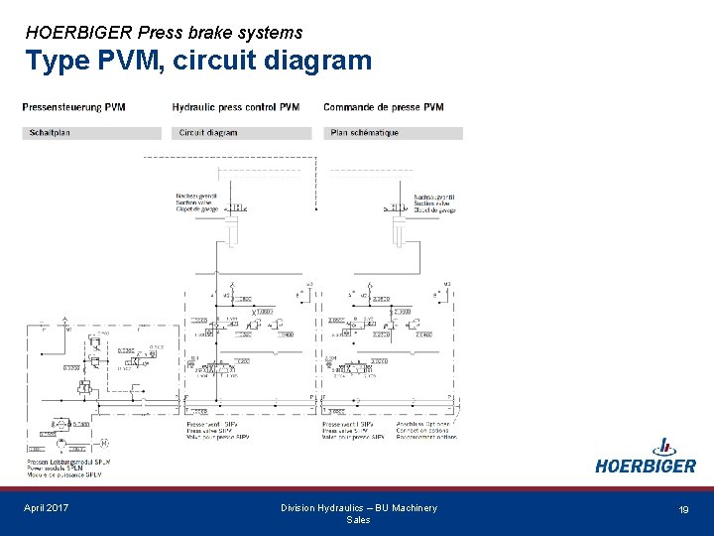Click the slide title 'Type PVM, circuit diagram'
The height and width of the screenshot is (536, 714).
(198, 62)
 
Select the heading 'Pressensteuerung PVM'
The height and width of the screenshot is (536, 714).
(75, 106)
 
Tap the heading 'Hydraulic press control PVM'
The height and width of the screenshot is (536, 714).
(236, 106)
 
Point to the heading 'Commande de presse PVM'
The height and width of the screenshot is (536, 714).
(384, 106)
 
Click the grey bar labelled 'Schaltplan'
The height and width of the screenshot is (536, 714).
(91, 133)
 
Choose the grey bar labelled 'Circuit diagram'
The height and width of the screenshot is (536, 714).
(243, 133)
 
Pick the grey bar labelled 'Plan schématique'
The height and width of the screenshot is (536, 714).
(393, 133)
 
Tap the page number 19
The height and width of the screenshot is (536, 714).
(683, 509)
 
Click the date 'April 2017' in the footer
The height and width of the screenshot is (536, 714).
(47, 508)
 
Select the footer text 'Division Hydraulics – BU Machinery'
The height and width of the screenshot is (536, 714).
(358, 508)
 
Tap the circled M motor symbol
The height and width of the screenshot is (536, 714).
(103, 443)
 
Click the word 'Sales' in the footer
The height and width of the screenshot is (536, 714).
(358, 520)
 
